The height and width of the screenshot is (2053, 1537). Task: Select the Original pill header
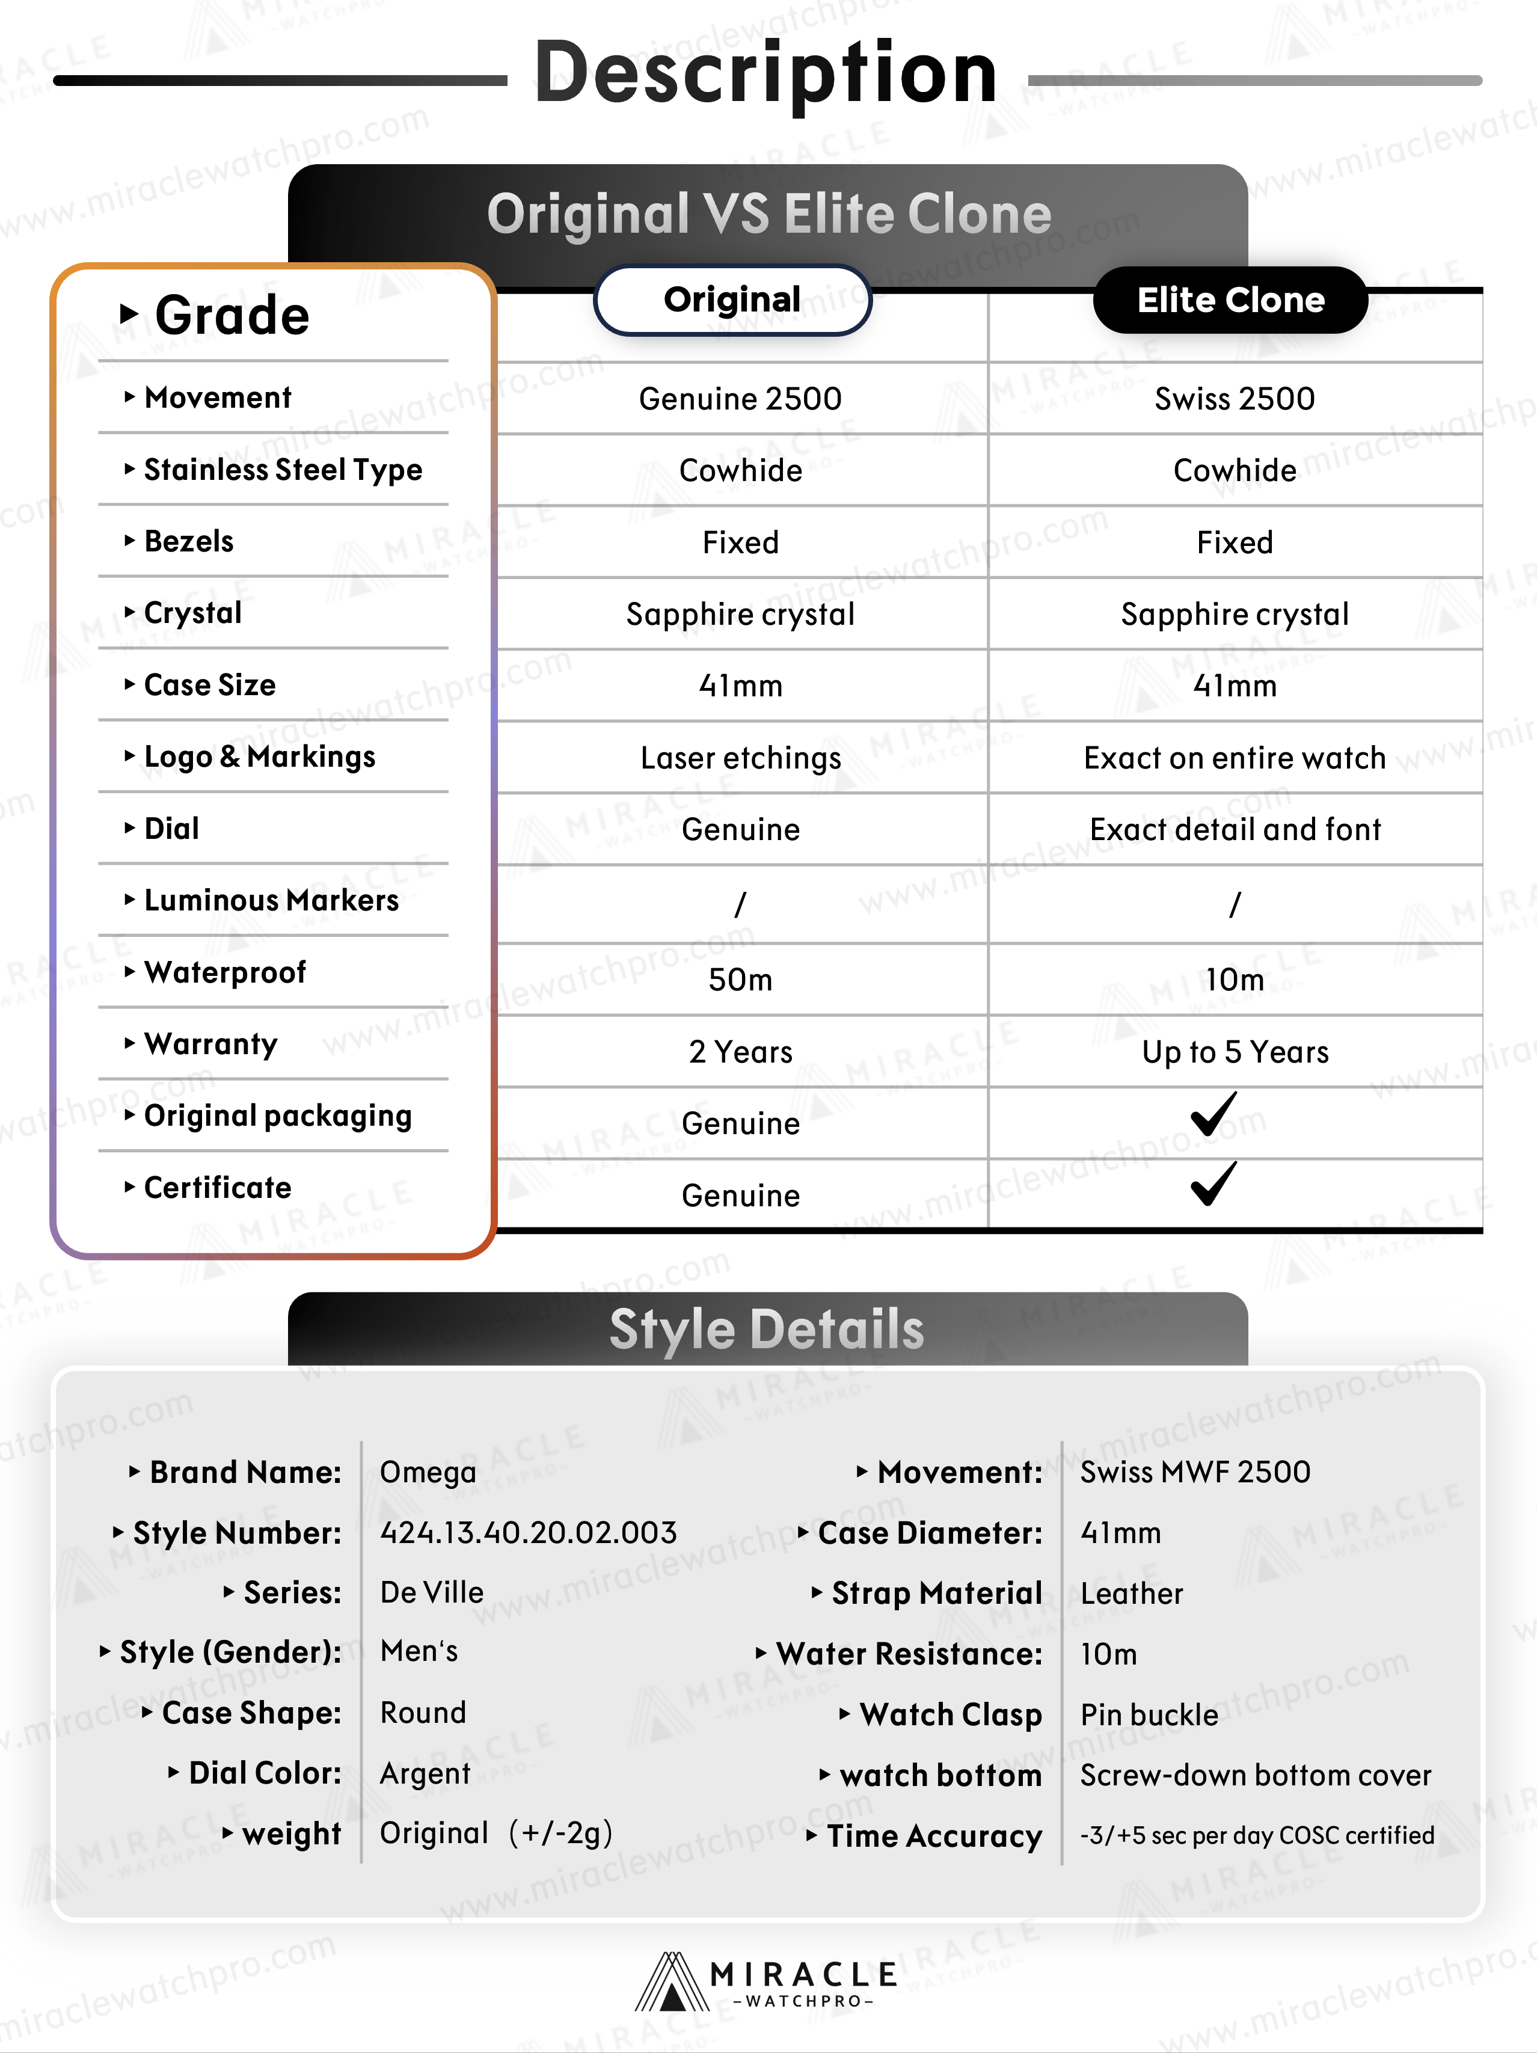tap(732, 300)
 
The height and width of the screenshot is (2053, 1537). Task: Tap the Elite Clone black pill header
tap(1231, 300)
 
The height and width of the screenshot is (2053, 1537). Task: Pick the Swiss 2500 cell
tap(1235, 399)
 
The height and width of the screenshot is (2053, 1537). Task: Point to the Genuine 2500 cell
tap(740, 399)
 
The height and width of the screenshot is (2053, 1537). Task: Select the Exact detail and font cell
tap(1235, 830)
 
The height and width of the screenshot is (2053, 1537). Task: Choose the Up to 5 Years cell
tap(1235, 1052)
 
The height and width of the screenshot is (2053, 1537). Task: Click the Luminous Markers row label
tap(271, 900)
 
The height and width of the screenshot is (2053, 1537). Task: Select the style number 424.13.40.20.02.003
tap(528, 1532)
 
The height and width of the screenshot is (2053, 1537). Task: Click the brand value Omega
tap(428, 1472)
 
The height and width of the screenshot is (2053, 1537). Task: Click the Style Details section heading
tap(767, 1329)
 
